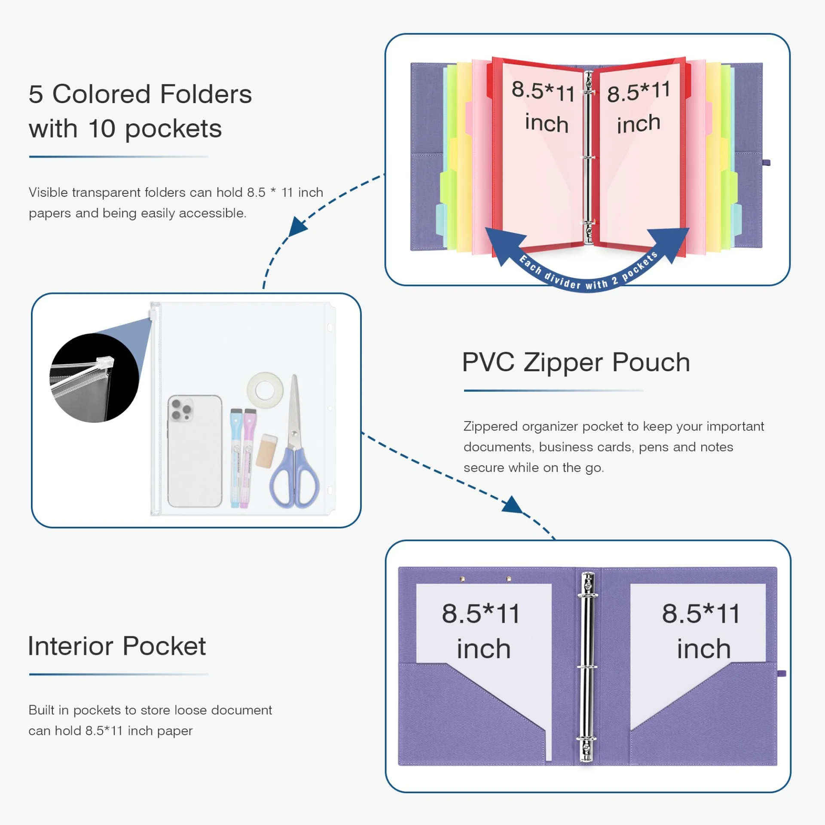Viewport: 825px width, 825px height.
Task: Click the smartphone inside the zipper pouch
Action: (x=195, y=451)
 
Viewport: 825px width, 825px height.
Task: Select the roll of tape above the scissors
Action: (x=265, y=390)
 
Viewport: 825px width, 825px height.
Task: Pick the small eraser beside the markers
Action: (x=266, y=451)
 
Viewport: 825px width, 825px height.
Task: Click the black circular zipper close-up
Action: (x=94, y=378)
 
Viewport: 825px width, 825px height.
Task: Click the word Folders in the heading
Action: (x=206, y=94)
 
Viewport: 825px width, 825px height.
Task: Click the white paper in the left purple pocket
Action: (x=483, y=636)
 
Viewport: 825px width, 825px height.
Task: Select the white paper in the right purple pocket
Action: (x=698, y=636)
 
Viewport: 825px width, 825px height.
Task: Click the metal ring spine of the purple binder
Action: (x=587, y=666)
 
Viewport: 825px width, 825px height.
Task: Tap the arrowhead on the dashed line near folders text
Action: (x=298, y=226)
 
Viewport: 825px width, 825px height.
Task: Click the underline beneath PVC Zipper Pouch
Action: (x=553, y=391)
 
